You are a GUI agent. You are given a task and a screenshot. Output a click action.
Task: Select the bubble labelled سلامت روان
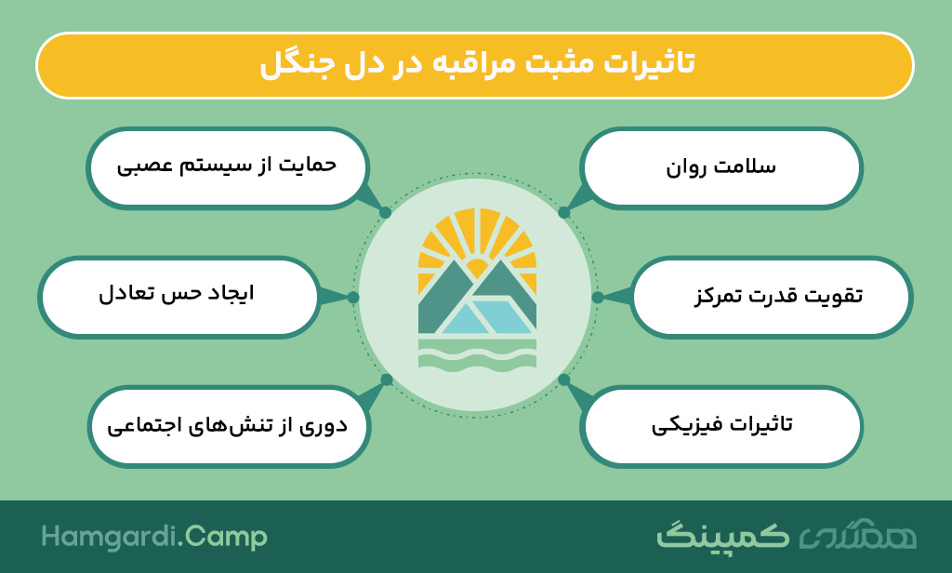pyautogui.click(x=721, y=167)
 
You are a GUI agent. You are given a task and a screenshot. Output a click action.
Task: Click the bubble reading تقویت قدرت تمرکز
pyautogui.click(x=771, y=297)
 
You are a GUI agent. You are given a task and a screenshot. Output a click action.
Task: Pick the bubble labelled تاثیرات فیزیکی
pyautogui.click(x=721, y=426)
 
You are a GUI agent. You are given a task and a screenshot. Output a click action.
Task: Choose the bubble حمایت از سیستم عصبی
pyautogui.click(x=228, y=167)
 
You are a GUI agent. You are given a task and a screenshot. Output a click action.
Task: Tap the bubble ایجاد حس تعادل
pyautogui.click(x=178, y=297)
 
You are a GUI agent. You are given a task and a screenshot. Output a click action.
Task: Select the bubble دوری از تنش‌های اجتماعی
pyautogui.click(x=229, y=426)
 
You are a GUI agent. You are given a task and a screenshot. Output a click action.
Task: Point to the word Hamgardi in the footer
pyautogui.click(x=110, y=538)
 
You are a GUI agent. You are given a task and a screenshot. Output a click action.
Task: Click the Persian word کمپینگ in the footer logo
pyautogui.click(x=722, y=536)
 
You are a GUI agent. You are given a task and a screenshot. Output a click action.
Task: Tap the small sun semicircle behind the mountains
pyautogui.click(x=477, y=266)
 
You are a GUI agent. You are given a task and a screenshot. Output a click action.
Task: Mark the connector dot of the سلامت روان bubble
pyautogui.click(x=564, y=213)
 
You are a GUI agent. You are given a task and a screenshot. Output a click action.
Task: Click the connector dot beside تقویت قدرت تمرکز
pyautogui.click(x=598, y=297)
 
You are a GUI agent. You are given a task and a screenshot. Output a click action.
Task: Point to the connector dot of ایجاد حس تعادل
pyautogui.click(x=353, y=297)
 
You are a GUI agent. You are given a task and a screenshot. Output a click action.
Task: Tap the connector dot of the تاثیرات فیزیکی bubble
pyautogui.click(x=564, y=380)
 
